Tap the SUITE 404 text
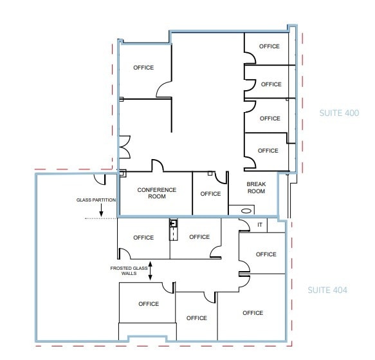(327, 290)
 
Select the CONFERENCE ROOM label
(156, 193)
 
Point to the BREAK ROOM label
(256, 187)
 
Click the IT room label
(260, 225)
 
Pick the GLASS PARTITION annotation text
(96, 200)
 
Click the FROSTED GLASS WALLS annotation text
(123, 270)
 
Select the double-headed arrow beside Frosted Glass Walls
(150, 270)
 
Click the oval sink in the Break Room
(245, 210)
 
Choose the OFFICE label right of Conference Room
(210, 194)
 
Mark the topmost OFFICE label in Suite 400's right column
(269, 46)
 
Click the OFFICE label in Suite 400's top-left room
(143, 68)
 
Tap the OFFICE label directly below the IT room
(266, 254)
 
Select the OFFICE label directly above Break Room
(268, 151)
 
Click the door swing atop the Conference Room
(157, 166)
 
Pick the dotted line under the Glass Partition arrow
(100, 219)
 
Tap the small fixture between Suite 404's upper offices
(173, 226)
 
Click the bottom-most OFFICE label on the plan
(196, 318)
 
